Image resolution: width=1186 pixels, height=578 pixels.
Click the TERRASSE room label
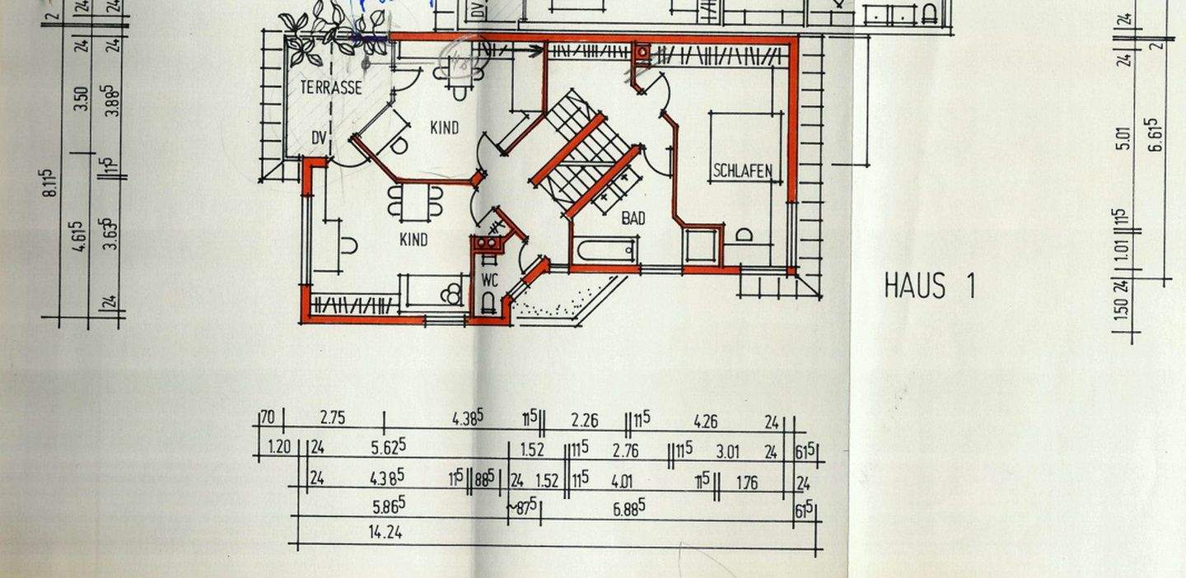(x=330, y=88)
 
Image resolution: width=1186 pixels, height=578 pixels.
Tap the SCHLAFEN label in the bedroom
(x=742, y=171)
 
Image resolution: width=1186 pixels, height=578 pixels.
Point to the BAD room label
(x=633, y=218)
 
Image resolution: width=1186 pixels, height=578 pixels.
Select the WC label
(x=490, y=280)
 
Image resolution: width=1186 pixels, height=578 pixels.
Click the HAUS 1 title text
(x=929, y=286)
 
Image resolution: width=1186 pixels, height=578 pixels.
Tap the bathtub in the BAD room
(x=605, y=249)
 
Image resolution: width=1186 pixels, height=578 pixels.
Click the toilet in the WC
(x=489, y=303)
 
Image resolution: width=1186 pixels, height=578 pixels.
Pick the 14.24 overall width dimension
(x=385, y=533)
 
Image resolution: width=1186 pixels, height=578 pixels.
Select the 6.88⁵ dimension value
(x=628, y=509)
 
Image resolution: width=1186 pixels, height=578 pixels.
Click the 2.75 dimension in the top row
(x=332, y=418)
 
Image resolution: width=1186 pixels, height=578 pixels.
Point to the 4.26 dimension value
(x=705, y=422)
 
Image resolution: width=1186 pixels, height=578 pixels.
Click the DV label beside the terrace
(x=319, y=137)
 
